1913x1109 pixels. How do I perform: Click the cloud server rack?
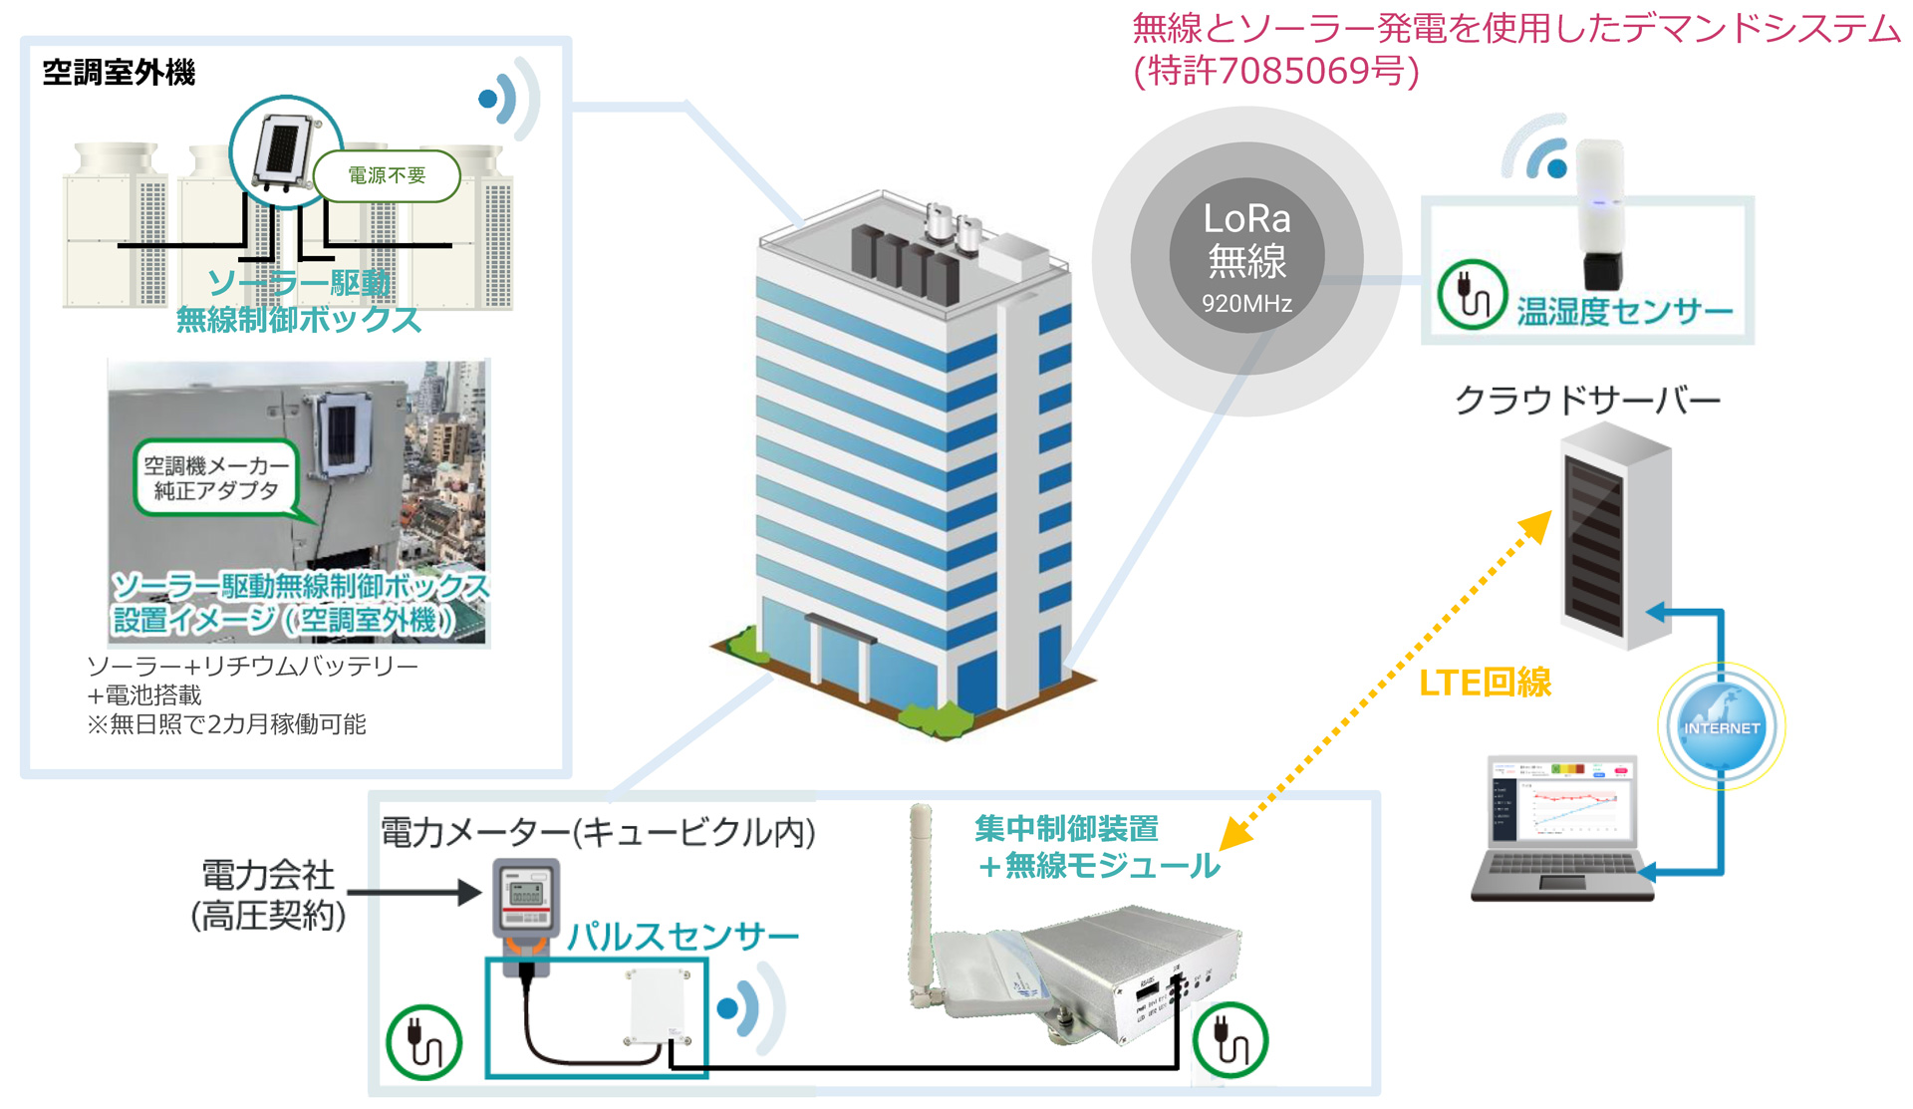(1614, 536)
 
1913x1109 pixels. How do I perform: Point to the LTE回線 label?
(1485, 683)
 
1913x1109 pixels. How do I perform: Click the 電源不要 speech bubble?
(387, 175)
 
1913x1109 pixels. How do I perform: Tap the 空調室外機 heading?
(119, 73)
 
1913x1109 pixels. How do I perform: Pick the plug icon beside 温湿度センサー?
(1471, 295)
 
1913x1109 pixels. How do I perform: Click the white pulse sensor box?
(658, 1006)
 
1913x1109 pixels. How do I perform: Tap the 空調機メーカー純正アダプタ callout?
(216, 477)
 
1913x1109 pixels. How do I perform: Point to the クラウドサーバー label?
(1587, 400)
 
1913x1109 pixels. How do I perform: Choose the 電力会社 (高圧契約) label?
(268, 895)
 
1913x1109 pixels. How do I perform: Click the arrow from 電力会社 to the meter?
(413, 892)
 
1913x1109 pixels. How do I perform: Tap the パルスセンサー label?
(683, 936)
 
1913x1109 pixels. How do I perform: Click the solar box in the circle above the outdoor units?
(283, 151)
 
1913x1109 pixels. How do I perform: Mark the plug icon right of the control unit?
(1230, 1040)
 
